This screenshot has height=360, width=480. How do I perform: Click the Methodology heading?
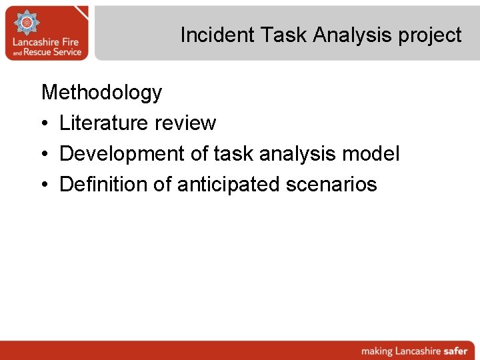click(x=101, y=92)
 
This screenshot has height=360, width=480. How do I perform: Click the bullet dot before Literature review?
click(x=45, y=123)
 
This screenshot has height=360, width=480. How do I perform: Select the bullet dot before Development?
click(x=45, y=154)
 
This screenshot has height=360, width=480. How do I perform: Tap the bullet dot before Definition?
click(x=45, y=185)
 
